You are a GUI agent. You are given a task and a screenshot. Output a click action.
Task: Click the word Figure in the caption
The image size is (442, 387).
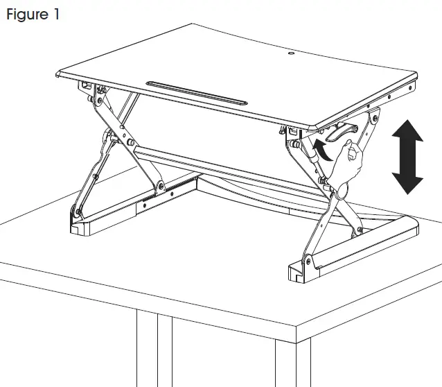26,15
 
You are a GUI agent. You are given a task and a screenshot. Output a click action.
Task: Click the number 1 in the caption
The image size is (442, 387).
55,15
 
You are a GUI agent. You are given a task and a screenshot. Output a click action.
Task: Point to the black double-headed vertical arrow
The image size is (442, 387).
407,157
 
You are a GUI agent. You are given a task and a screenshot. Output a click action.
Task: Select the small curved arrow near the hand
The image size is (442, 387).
321,145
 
